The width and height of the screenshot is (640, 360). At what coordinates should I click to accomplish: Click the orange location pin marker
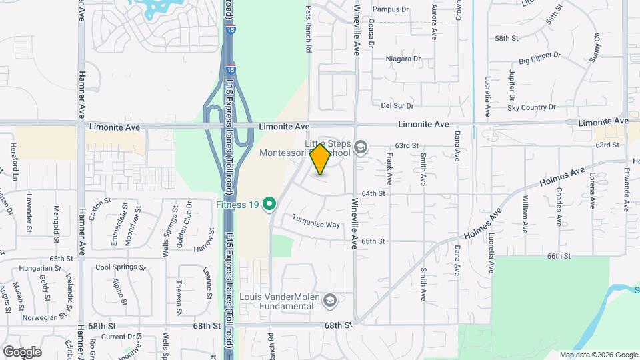coord(320,159)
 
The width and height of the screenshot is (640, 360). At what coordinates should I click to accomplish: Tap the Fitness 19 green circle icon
coord(270,203)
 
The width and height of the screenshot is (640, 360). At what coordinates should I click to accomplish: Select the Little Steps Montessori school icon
coord(361,147)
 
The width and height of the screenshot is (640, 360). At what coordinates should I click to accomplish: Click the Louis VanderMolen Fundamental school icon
coord(329,302)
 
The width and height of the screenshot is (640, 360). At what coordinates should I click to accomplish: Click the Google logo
coord(22,351)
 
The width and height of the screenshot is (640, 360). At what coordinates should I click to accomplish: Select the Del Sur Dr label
coord(397,105)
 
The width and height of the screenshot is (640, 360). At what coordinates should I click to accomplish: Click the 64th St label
coord(373,193)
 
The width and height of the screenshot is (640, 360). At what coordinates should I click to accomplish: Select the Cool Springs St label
coord(121,267)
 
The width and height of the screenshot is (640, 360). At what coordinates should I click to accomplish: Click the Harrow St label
coord(203,249)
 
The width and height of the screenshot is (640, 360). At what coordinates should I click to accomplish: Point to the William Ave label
coord(525,215)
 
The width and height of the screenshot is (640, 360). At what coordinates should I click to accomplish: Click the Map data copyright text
coord(598,355)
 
